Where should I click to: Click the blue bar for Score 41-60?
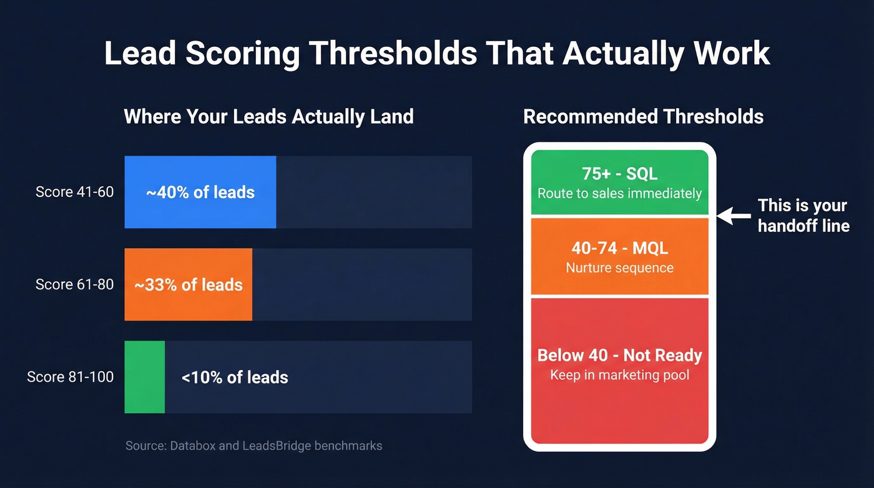click(200, 192)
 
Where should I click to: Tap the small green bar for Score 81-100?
click(145, 377)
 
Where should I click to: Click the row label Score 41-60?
click(75, 192)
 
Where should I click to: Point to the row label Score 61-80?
click(75, 284)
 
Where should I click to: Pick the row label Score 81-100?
click(71, 377)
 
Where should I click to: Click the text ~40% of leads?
click(200, 192)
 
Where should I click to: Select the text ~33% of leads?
click(189, 285)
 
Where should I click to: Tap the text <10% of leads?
click(235, 377)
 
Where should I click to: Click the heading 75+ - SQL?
click(619, 174)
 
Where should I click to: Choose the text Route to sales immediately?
click(619, 193)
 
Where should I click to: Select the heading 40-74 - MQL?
click(619, 248)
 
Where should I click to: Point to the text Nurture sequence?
click(619, 267)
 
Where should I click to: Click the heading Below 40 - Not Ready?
click(619, 356)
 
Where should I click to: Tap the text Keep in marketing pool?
click(619, 375)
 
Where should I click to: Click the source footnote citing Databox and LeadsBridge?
click(253, 446)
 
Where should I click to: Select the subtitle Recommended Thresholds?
click(643, 116)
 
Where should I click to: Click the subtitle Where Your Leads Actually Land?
click(268, 116)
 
